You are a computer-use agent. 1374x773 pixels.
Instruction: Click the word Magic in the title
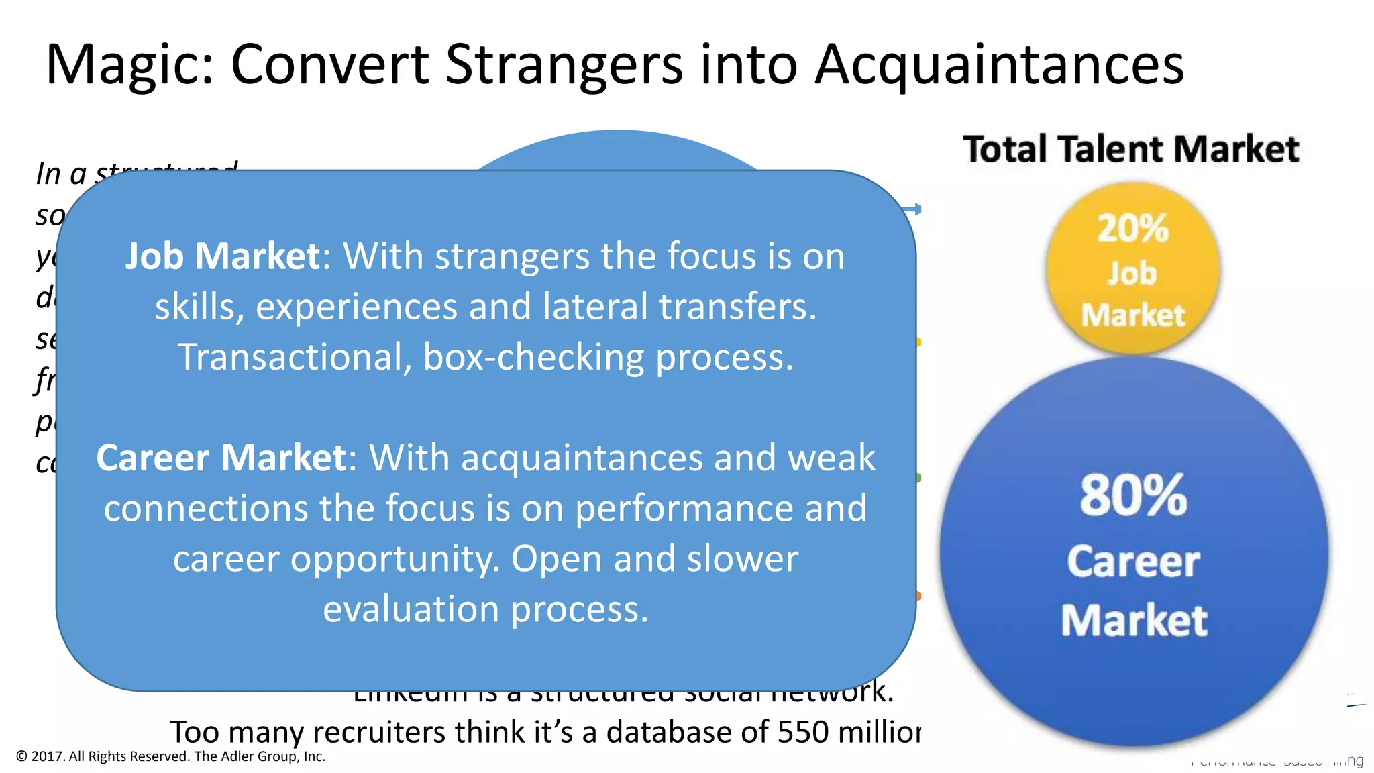click(129, 66)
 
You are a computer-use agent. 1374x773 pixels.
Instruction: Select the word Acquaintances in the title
click(999, 66)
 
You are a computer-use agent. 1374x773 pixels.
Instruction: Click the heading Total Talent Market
click(1131, 149)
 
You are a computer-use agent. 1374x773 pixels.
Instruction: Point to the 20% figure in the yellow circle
click(1132, 228)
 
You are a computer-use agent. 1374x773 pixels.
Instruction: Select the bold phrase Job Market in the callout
click(223, 256)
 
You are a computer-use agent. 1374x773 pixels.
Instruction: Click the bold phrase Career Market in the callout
click(221, 458)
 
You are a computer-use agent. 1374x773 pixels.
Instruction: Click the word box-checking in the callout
click(533, 357)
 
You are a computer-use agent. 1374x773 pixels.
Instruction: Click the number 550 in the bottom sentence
click(804, 732)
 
